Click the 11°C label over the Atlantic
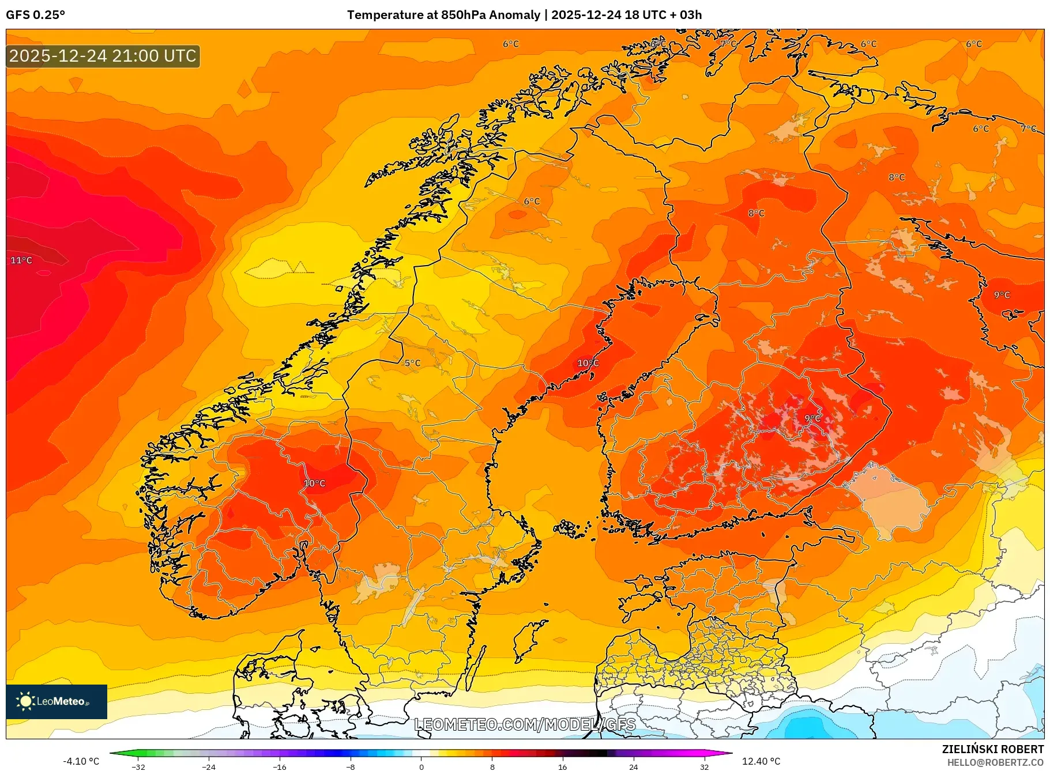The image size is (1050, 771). coord(21,260)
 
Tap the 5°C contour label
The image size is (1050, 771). coord(412,363)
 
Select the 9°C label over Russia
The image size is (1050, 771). coord(1002,295)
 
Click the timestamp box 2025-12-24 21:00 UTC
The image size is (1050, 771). coord(103,56)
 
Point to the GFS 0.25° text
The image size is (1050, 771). coord(35,15)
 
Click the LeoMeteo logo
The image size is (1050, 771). coord(56,701)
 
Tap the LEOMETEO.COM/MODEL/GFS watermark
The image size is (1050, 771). coord(525,724)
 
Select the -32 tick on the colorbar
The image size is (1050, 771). coord(138,767)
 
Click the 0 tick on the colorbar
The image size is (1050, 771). coord(421,767)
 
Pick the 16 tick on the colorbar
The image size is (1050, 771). coord(563,767)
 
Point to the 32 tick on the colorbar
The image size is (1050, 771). coord(704,767)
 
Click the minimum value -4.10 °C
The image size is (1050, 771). coord(81,761)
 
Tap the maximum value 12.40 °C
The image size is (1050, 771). coord(761,761)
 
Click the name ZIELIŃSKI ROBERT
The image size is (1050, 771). coord(992,749)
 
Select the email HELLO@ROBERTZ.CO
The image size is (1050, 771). coord(995,762)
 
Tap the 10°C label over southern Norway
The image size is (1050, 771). coord(315,483)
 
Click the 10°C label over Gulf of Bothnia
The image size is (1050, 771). coord(588,363)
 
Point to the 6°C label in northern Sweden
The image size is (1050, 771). coord(532,202)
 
